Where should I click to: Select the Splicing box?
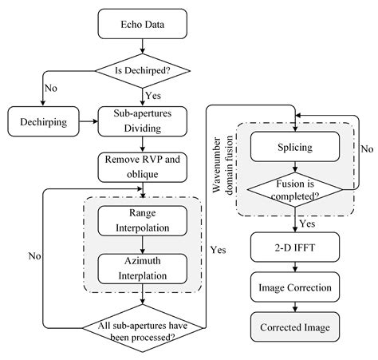[296, 148]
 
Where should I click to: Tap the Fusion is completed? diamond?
[296, 190]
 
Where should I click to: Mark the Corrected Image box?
[296, 327]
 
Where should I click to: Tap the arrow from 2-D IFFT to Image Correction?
[296, 267]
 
